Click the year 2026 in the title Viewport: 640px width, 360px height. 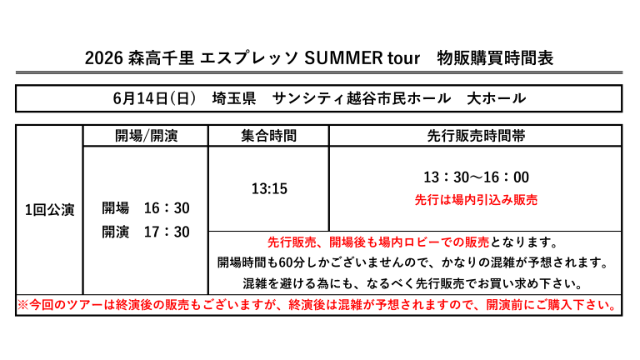pyautogui.click(x=103, y=58)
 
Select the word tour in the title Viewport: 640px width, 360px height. pyautogui.click(x=403, y=58)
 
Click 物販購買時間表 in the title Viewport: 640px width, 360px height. pyautogui.click(x=495, y=58)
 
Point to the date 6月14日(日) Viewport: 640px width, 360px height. pyautogui.click(x=154, y=98)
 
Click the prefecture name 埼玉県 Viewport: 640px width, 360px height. pyautogui.click(x=234, y=98)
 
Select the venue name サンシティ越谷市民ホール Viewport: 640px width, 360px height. pyautogui.click(x=361, y=98)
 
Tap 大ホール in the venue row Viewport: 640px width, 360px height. pyautogui.click(x=496, y=98)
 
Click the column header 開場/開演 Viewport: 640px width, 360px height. pyautogui.click(x=146, y=136)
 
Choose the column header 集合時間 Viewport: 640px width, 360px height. pyautogui.click(x=268, y=136)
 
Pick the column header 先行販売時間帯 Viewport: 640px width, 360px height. pyautogui.click(x=476, y=136)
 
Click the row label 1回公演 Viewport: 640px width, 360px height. pyautogui.click(x=50, y=210)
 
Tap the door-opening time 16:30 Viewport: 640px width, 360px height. pyautogui.click(x=167, y=208)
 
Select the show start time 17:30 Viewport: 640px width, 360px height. pyautogui.click(x=167, y=232)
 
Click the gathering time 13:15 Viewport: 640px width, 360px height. pyautogui.click(x=269, y=188)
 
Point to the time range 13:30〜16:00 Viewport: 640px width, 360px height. pyautogui.click(x=476, y=177)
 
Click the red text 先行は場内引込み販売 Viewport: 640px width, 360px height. pyautogui.click(x=476, y=200)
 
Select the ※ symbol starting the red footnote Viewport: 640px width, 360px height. pyautogui.click(x=22, y=305)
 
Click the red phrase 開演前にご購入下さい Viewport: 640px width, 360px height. pyautogui.click(x=551, y=305)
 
